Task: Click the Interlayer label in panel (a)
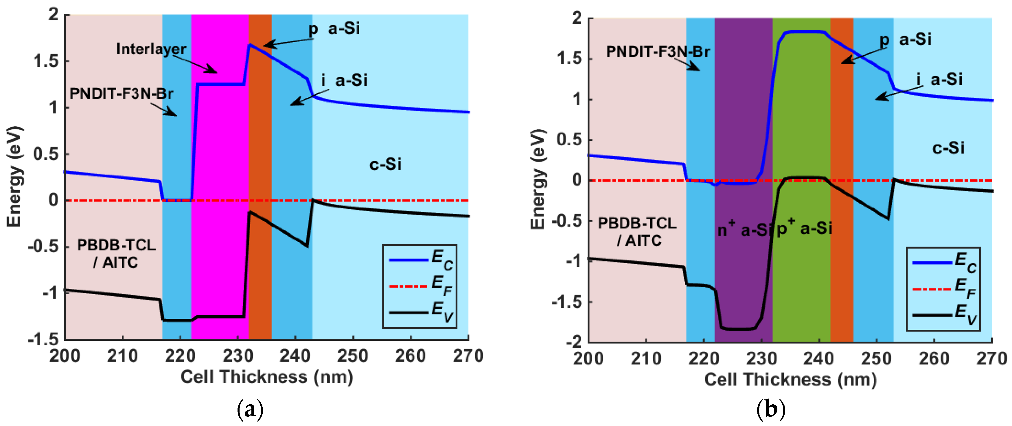(151, 49)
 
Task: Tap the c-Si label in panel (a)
(385, 164)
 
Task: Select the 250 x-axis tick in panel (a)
(352, 356)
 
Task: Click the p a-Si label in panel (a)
(334, 29)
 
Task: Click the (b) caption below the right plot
(770, 410)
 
